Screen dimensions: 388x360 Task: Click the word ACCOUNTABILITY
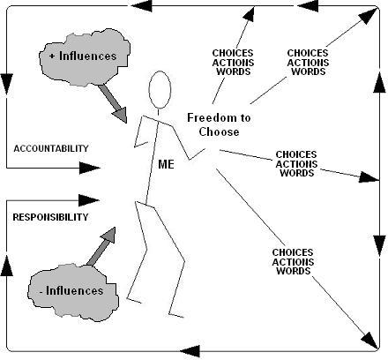point(51,148)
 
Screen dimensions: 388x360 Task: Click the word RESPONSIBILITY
point(50,217)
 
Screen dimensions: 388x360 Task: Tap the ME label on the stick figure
point(166,164)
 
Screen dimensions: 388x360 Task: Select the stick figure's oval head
point(160,90)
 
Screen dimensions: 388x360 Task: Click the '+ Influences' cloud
point(85,57)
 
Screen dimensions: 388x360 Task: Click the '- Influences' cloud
point(73,292)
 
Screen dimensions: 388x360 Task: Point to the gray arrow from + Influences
point(113,103)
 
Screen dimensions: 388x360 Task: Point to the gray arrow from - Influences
point(101,246)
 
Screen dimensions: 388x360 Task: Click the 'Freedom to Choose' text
point(219,124)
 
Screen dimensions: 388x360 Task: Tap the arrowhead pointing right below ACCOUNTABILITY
point(90,168)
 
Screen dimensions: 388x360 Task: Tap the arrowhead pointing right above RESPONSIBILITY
point(90,200)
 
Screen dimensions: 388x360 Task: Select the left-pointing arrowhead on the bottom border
point(190,351)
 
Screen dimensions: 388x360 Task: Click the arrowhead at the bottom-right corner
point(370,341)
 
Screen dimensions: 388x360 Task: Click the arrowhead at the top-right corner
point(369,15)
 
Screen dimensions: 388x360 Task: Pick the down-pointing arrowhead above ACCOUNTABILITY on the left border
point(7,84)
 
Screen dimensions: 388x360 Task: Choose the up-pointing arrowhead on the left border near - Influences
point(7,266)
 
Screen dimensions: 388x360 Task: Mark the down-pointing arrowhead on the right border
point(379,246)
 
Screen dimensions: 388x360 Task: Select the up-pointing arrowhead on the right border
point(379,83)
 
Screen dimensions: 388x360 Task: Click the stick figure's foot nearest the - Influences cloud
point(134,300)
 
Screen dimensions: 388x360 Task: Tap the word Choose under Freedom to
point(219,131)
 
